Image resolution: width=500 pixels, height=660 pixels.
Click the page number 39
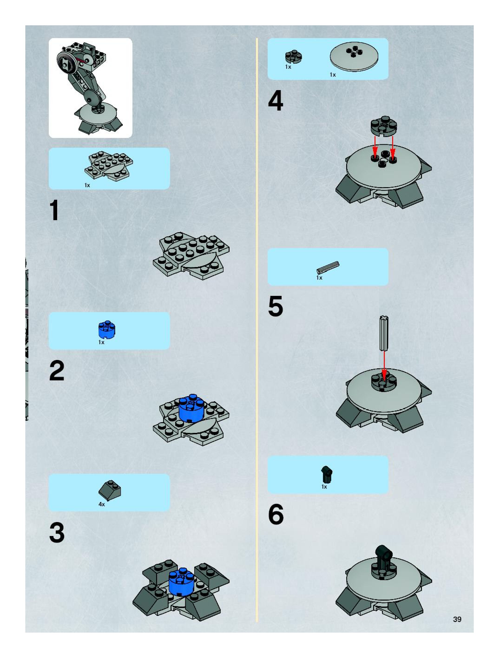click(457, 619)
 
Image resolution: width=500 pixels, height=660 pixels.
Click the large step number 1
click(54, 210)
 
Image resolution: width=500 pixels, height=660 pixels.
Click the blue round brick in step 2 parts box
click(107, 330)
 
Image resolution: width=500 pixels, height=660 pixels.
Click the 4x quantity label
click(102, 504)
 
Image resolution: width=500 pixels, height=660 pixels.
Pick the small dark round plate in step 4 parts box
click(293, 57)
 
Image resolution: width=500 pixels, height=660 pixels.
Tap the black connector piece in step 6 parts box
click(327, 475)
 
